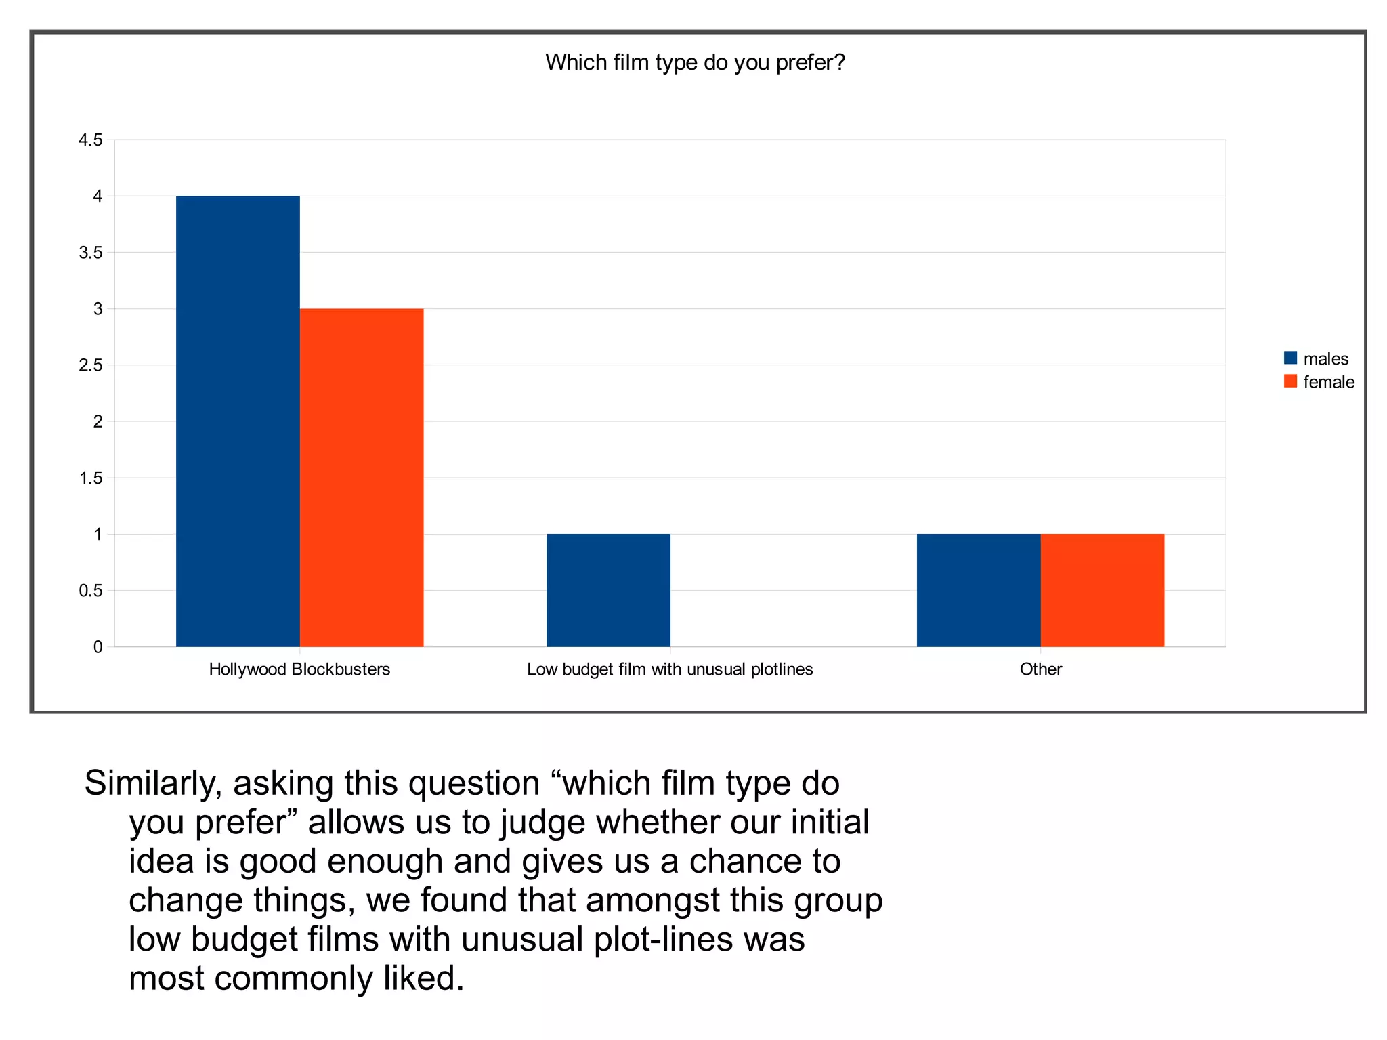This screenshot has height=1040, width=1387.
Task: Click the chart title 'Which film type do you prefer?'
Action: point(695,62)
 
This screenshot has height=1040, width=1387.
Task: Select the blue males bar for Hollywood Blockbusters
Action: point(238,421)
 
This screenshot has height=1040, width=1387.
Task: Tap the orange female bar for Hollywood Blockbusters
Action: point(362,477)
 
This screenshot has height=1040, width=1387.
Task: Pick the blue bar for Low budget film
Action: point(608,590)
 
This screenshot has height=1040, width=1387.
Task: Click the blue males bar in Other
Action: point(979,590)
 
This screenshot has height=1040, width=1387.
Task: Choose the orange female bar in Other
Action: point(1102,590)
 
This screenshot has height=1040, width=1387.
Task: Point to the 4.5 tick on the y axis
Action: point(90,140)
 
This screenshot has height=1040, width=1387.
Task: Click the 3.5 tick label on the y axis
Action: point(90,253)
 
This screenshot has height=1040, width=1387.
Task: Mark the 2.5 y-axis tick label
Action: point(90,365)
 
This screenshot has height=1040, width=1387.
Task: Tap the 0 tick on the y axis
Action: point(98,647)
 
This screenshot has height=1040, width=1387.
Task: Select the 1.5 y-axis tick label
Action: point(90,478)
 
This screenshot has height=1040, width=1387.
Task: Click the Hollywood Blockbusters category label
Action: point(299,669)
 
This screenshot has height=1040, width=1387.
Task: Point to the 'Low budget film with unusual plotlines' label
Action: point(670,669)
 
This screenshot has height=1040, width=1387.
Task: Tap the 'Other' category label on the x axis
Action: point(1040,669)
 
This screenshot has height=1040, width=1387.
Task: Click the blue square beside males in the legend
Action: point(1290,358)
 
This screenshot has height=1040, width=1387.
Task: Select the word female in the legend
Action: point(1328,382)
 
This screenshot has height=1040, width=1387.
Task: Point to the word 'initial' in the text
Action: point(830,823)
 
